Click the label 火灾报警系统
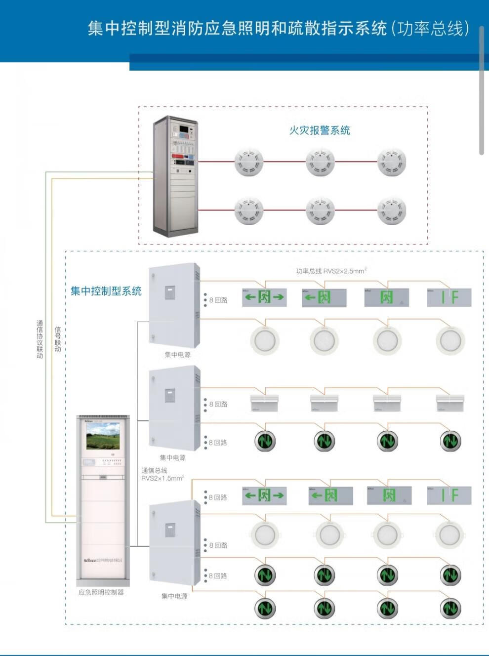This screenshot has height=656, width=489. [x=320, y=130]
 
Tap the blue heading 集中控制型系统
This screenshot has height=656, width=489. [x=106, y=291]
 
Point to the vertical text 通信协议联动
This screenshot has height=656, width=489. [x=40, y=339]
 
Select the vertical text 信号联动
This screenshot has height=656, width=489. [x=58, y=339]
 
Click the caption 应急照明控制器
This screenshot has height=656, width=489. [x=101, y=592]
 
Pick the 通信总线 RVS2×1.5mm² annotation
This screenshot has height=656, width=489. [x=163, y=475]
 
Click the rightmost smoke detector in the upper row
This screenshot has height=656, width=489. [x=392, y=162]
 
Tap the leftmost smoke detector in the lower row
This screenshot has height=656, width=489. [x=249, y=210]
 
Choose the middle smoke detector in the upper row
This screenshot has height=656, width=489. [x=320, y=162]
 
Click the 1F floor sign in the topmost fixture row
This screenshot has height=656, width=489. [x=449, y=297]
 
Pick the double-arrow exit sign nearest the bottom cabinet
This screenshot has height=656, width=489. [x=264, y=495]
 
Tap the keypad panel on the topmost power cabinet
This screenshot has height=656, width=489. [x=170, y=293]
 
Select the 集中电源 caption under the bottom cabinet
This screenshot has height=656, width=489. [x=174, y=596]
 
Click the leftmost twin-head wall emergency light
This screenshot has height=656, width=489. [x=265, y=402]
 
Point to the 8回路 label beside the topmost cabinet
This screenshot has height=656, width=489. [x=218, y=300]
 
